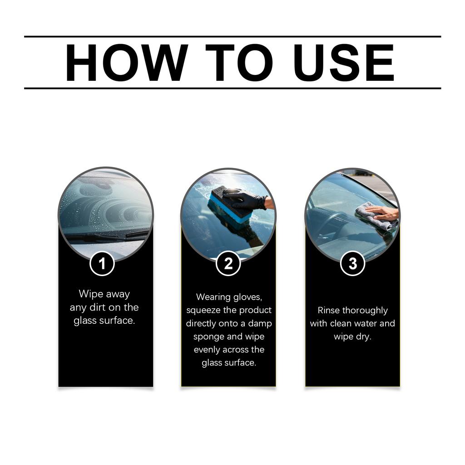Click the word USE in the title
(344, 63)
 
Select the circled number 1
(102, 264)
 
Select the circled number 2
(228, 264)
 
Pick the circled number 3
(352, 264)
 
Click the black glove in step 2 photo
(246, 199)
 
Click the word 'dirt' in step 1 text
(97, 307)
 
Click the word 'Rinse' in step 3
(329, 311)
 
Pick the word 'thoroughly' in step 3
(365, 311)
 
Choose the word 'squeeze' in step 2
(202, 310)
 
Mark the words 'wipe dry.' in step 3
(352, 337)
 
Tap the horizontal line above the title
(232, 36)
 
